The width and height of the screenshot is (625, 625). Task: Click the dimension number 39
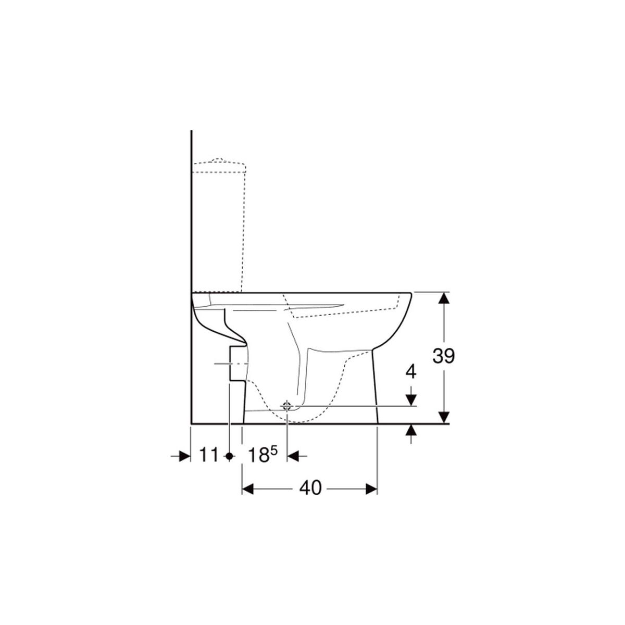pyautogui.click(x=443, y=356)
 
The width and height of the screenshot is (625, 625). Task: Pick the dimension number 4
pyautogui.click(x=411, y=372)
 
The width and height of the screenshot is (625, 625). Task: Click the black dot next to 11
pyautogui.click(x=229, y=456)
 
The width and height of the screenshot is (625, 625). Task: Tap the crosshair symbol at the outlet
pyautogui.click(x=286, y=405)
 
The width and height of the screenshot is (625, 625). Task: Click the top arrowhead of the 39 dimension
pyautogui.click(x=444, y=298)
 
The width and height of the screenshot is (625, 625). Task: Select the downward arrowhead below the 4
pyautogui.click(x=411, y=400)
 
